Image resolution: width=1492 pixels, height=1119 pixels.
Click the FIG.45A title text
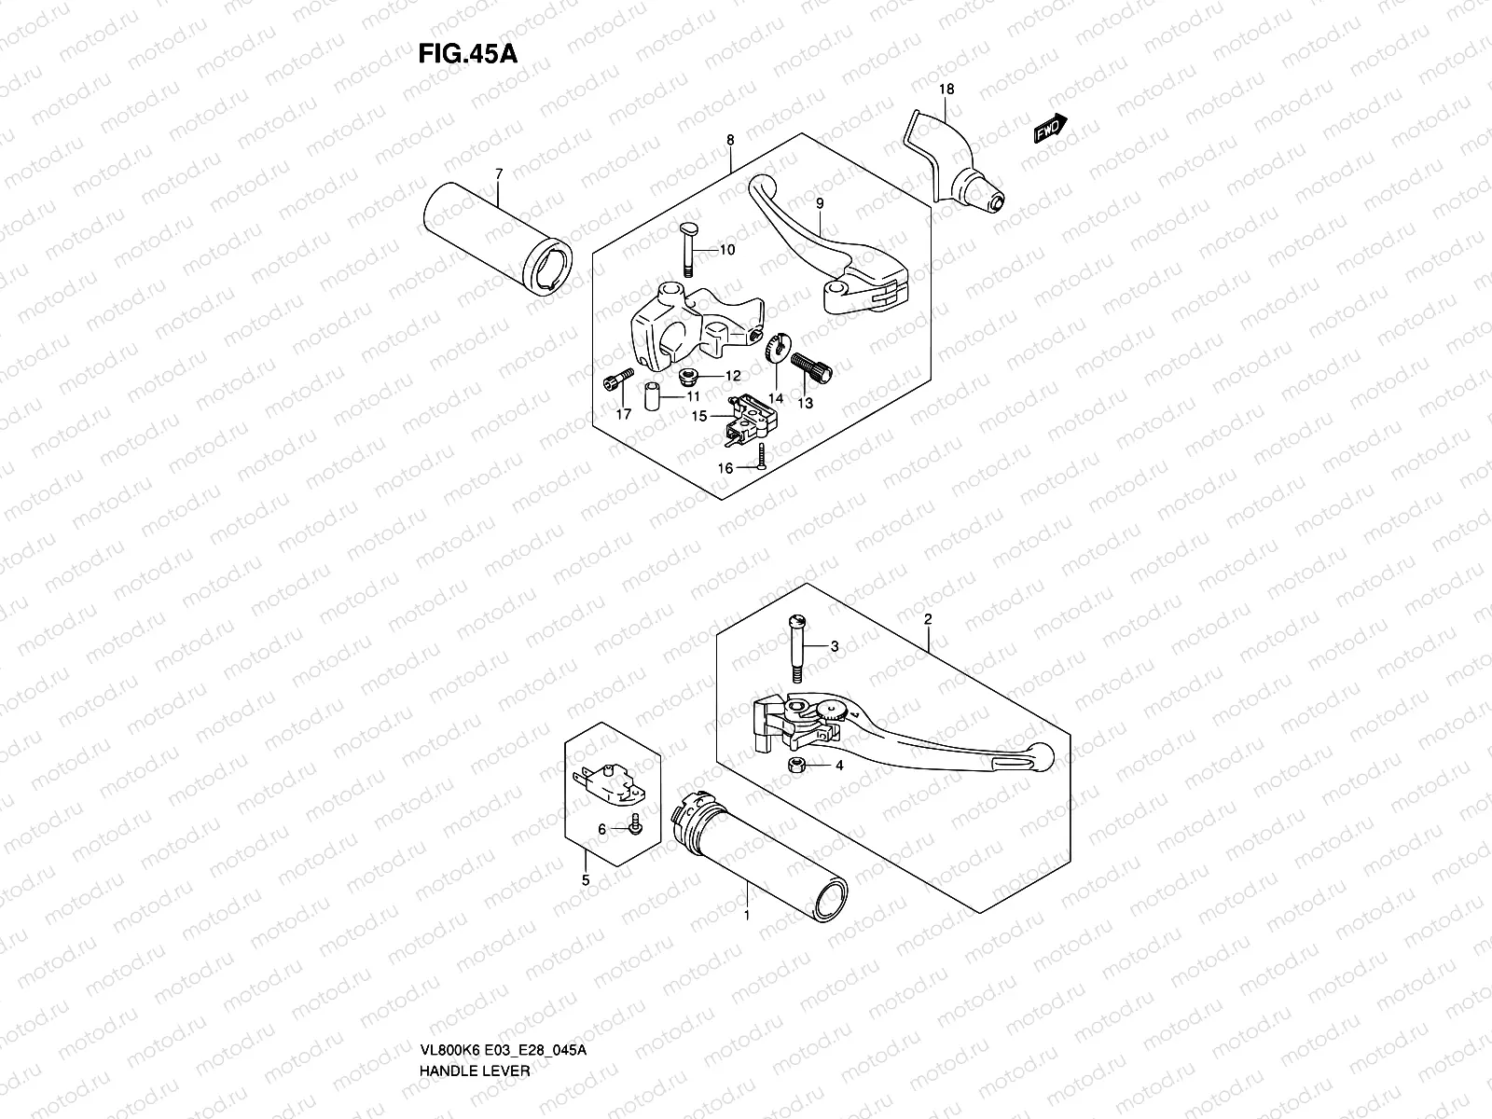(467, 52)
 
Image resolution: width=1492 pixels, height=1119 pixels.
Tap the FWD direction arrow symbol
(1050, 129)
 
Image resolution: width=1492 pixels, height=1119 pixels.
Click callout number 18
(946, 90)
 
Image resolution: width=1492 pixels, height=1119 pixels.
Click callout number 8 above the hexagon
(730, 141)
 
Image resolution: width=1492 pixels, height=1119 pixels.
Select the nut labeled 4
(796, 766)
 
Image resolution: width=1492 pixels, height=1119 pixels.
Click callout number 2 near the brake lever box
(928, 619)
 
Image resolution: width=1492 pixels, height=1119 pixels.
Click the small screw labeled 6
(634, 824)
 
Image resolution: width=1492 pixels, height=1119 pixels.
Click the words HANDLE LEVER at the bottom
(477, 1097)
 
